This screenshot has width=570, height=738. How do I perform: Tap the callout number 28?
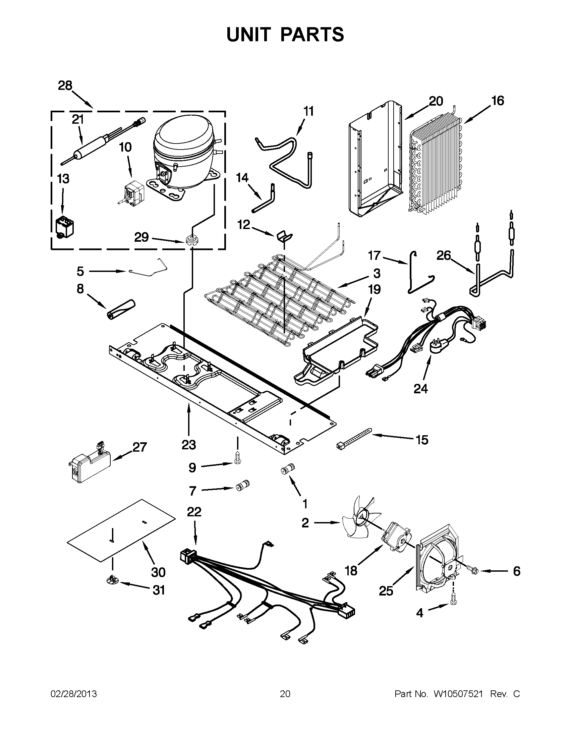tap(65, 86)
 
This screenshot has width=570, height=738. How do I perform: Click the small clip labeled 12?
tap(284, 235)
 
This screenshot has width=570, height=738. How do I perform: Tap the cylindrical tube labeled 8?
tap(121, 308)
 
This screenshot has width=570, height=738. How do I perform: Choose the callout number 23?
tap(188, 445)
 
